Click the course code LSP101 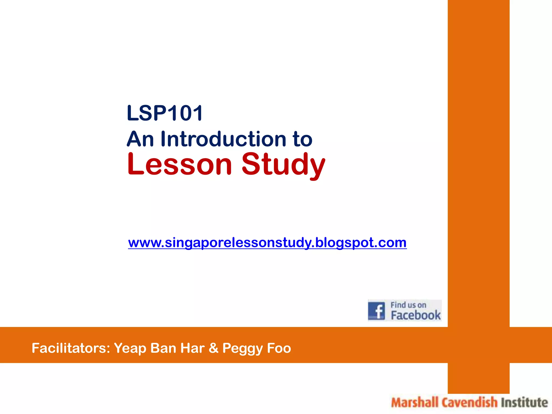[x=165, y=113]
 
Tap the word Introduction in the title [x=223, y=139]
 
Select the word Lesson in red [x=180, y=164]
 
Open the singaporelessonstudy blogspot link [x=267, y=243]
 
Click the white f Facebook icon [x=377, y=311]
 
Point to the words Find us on [x=408, y=305]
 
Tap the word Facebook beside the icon [x=416, y=315]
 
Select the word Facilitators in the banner [x=71, y=348]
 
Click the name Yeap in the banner [x=130, y=348]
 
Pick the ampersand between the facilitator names [x=213, y=348]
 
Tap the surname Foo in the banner [x=279, y=348]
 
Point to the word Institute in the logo [x=524, y=403]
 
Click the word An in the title [x=140, y=139]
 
